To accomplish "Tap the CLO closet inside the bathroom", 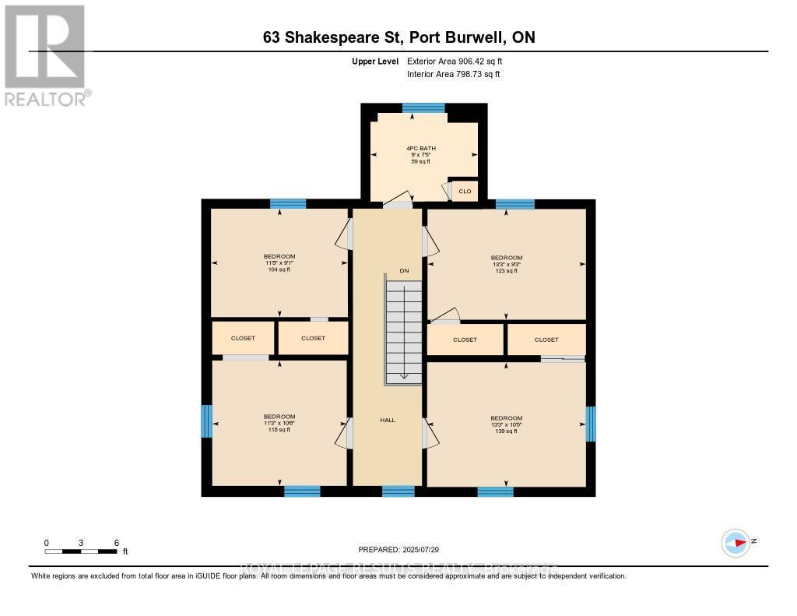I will (x=465, y=191).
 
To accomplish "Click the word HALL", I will (x=388, y=420).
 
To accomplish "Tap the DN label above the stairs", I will (x=404, y=271).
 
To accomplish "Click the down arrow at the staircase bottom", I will (x=404, y=375).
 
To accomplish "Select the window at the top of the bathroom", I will (x=423, y=107).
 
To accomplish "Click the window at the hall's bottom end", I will (x=398, y=491).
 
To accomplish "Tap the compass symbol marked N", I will (x=736, y=542).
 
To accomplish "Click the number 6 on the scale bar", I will (x=116, y=542).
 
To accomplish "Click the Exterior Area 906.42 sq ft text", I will (x=460, y=61).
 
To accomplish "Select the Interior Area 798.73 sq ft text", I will (x=453, y=75).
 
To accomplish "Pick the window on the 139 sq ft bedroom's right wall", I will (x=590, y=424).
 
